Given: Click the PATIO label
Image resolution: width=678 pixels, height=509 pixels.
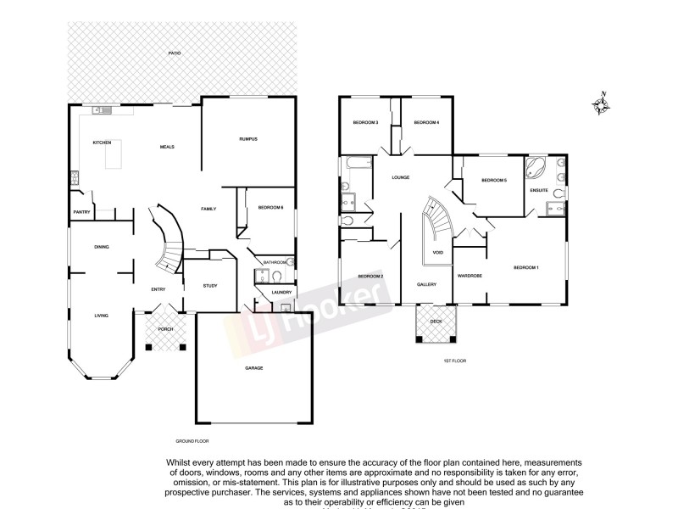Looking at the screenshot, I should (x=174, y=53).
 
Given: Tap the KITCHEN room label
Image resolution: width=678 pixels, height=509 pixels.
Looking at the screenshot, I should (x=103, y=142).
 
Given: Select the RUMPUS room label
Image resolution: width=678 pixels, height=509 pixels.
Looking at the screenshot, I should (x=247, y=138).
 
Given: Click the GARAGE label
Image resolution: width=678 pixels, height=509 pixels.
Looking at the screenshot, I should (x=254, y=368).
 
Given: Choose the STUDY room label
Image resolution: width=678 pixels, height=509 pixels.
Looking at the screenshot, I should (x=210, y=286).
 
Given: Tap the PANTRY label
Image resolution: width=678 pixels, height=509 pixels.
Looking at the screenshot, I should (x=82, y=212).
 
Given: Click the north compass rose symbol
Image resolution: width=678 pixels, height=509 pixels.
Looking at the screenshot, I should (x=602, y=104).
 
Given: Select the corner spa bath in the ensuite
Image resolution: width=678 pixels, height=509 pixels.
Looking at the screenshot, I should (x=536, y=166).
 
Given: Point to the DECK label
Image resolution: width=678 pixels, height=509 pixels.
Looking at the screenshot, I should (x=436, y=322).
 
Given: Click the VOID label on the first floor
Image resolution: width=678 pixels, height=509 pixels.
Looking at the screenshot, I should (x=437, y=253).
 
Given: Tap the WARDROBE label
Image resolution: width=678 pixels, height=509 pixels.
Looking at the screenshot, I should (x=470, y=277).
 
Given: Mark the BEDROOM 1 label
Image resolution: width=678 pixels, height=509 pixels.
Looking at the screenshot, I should (x=526, y=268).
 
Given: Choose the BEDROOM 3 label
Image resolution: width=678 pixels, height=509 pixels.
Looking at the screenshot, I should (x=365, y=123).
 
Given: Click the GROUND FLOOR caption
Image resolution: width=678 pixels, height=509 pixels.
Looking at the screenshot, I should (x=192, y=441).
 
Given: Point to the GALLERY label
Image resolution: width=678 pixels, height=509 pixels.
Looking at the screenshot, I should (x=426, y=284).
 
